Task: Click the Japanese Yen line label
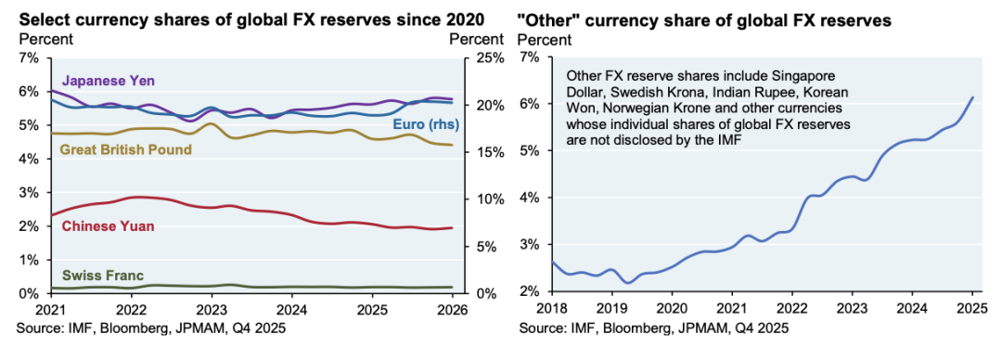(108, 82)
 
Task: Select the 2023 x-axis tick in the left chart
(212, 306)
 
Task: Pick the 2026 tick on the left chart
(452, 306)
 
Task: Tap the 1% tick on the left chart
(30, 260)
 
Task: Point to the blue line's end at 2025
(972, 97)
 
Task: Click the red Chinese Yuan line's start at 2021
(50, 215)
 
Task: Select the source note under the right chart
(654, 328)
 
